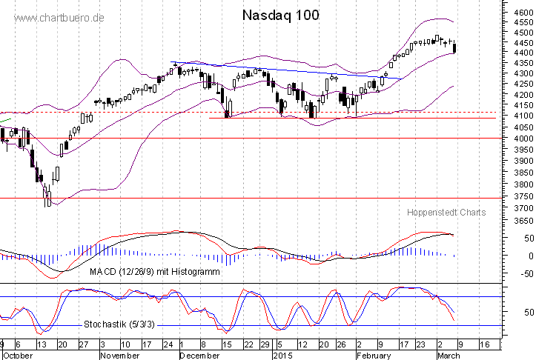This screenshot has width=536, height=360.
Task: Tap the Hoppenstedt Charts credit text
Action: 446,213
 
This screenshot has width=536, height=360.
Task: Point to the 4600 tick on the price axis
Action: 518,13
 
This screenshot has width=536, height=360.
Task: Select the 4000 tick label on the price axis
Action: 518,139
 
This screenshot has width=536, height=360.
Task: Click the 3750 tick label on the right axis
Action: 518,197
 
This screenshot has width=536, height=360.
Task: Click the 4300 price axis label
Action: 518,74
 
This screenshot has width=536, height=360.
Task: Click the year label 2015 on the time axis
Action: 282,356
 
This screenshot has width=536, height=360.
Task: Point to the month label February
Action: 373,356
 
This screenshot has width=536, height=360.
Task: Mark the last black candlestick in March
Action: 454,48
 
